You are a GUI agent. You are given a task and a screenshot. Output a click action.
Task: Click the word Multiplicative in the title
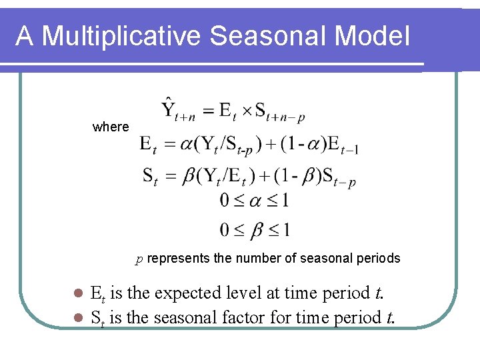click(x=120, y=36)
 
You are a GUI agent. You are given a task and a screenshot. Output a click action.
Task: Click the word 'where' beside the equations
click(x=111, y=127)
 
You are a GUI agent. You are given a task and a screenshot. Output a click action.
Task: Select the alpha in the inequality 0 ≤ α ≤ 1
click(x=255, y=200)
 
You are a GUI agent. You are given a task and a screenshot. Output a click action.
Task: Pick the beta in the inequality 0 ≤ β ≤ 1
click(x=255, y=230)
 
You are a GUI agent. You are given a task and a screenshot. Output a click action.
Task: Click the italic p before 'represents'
click(x=139, y=259)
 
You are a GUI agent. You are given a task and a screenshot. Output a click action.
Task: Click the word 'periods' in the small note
click(x=379, y=258)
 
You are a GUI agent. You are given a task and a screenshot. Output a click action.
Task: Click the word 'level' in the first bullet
click(x=238, y=293)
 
